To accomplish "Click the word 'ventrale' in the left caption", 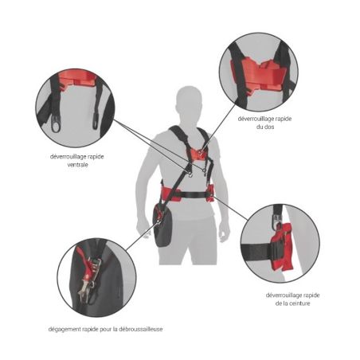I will coord(76,164).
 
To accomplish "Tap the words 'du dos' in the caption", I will coord(260,126).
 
